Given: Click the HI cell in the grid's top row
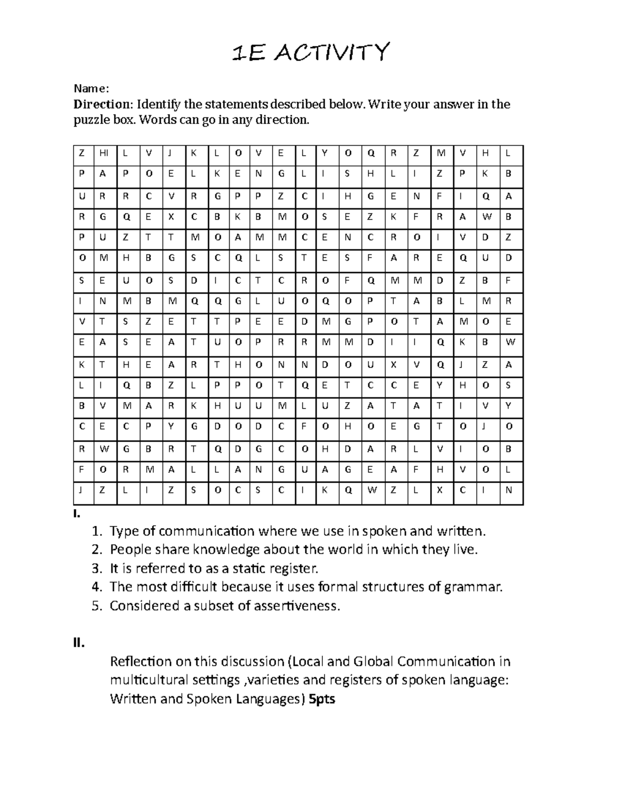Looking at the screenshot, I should click(x=104, y=153).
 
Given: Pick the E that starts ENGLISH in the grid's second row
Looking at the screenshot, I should click(x=237, y=174).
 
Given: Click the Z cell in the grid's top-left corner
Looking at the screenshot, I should click(x=81, y=153).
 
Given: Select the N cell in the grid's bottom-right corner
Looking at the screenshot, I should click(x=508, y=490).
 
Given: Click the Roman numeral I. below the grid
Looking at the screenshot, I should click(x=77, y=514).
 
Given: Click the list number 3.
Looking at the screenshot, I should click(x=96, y=568).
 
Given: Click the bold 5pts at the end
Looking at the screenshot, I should click(x=321, y=699).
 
